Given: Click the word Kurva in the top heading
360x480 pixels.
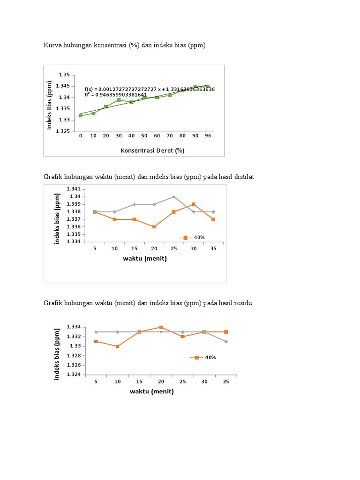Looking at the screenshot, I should pyautogui.click(x=53, y=45).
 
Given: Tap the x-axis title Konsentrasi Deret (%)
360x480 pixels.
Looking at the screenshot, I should pyautogui.click(x=152, y=150).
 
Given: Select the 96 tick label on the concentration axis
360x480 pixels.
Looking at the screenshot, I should pyautogui.click(x=208, y=135).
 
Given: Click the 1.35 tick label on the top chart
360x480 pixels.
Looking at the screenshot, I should pyautogui.click(x=64, y=75).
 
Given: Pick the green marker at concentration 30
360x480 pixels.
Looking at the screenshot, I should pyautogui.click(x=119, y=100).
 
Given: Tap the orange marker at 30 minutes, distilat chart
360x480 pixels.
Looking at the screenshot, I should pyautogui.click(x=194, y=204).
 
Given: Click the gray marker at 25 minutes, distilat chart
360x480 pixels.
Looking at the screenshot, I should pyautogui.click(x=174, y=197).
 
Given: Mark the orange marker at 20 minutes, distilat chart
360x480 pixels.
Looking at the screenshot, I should pyautogui.click(x=154, y=227).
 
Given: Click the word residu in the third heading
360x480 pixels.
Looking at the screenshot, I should pyautogui.click(x=242, y=303).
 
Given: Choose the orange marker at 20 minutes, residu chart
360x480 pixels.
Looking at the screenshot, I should pyautogui.click(x=161, y=327).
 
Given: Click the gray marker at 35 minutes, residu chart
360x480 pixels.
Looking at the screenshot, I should pyautogui.click(x=226, y=341).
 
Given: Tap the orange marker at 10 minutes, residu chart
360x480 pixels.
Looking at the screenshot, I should pyautogui.click(x=118, y=346).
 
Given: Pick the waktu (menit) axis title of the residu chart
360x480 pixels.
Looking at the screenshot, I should pyautogui.click(x=152, y=391).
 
